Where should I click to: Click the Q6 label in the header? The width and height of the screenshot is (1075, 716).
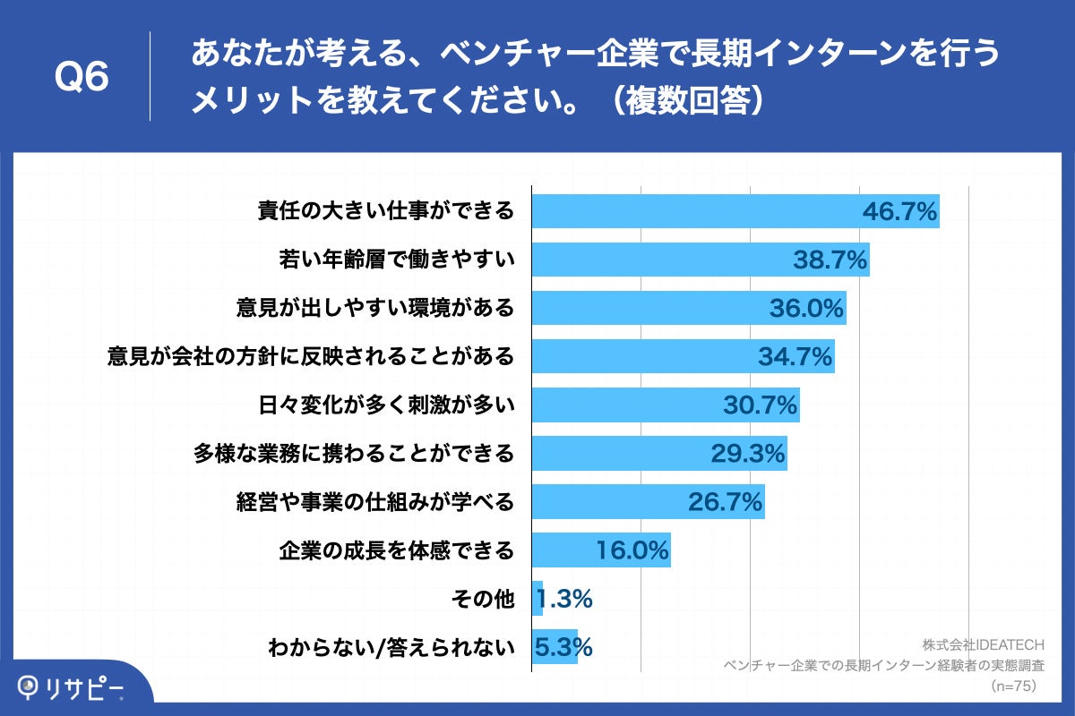point(82,78)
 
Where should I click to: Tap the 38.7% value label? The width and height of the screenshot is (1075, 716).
point(830,260)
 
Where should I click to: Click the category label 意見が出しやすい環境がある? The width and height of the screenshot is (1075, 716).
point(375,308)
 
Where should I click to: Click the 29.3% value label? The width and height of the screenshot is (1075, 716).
point(748,454)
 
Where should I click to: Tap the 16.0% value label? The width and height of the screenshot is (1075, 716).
point(632,550)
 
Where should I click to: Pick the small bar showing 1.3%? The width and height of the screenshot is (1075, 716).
point(537,599)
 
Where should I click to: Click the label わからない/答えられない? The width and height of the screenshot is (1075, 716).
point(391,647)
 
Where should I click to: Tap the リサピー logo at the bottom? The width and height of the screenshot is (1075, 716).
point(72,687)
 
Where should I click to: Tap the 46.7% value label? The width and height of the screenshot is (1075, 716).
point(899,212)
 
